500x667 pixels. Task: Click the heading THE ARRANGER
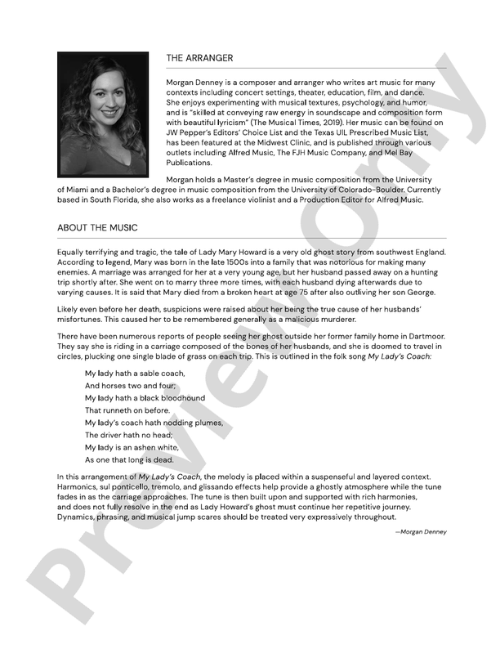[x=199, y=58]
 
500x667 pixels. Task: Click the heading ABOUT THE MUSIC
[x=97, y=226]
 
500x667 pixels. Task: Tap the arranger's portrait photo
[x=103, y=115]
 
